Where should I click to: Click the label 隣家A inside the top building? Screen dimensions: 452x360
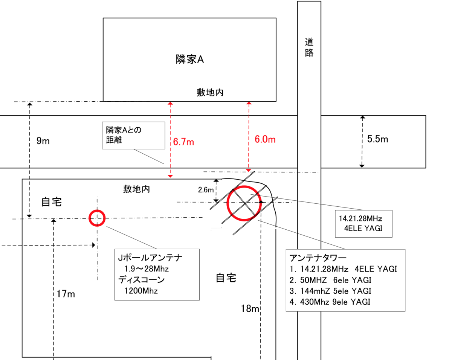[190, 59]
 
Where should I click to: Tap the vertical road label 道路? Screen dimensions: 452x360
[309, 47]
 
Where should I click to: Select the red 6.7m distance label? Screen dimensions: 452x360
[183, 142]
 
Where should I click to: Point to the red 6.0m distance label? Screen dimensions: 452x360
[265, 139]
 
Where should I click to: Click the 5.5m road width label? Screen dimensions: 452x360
[377, 139]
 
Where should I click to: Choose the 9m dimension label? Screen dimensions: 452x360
[43, 141]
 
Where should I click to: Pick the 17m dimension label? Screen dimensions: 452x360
[66, 294]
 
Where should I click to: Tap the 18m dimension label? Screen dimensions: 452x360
[250, 308]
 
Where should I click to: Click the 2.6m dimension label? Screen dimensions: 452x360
[206, 190]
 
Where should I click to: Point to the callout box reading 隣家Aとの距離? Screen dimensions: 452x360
[134, 135]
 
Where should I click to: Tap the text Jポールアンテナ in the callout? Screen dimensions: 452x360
[150, 258]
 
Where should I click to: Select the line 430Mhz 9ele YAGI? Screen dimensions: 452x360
[330, 302]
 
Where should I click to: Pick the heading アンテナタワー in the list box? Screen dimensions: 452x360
[318, 258]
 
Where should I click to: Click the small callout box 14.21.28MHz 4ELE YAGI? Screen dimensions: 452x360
[363, 224]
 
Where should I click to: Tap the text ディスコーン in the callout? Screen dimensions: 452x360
[141, 280]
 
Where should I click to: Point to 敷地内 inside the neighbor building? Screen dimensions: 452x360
[210, 92]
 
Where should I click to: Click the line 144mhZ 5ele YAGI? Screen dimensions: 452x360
[330, 291]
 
